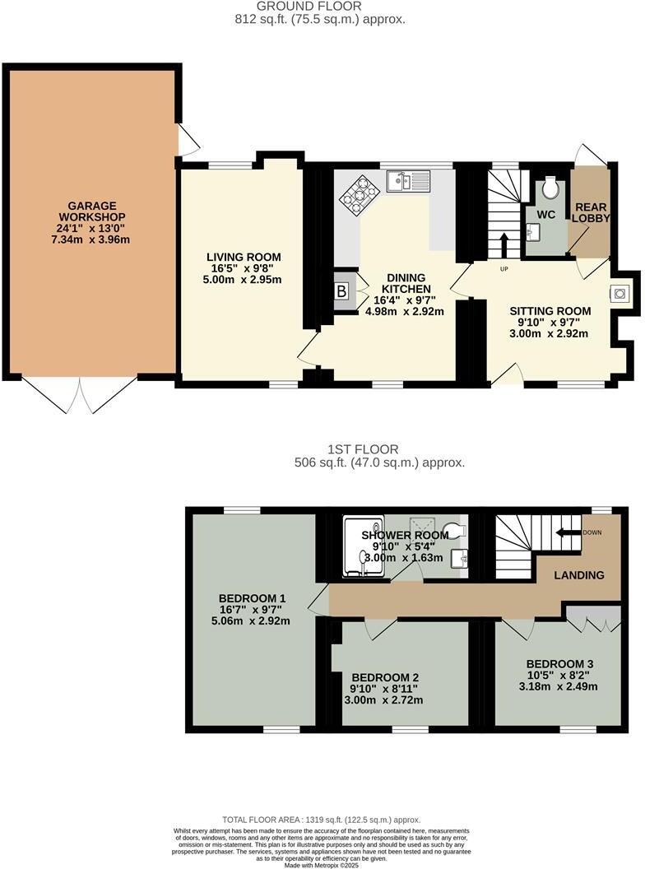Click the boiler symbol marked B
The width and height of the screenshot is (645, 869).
(341, 292)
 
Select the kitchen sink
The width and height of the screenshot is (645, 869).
(408, 181)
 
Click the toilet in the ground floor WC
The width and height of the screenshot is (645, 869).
(550, 188)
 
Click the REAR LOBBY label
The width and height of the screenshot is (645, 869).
(591, 212)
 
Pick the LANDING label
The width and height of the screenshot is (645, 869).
(579, 575)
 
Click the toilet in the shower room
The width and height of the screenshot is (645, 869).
(452, 529)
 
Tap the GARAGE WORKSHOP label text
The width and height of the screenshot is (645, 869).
(92, 211)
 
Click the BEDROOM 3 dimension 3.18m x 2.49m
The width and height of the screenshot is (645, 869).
(560, 686)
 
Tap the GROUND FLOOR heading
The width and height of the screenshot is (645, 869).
(321, 6)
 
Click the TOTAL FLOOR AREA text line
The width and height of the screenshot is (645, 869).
(322, 820)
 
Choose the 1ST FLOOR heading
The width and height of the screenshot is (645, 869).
(363, 449)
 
